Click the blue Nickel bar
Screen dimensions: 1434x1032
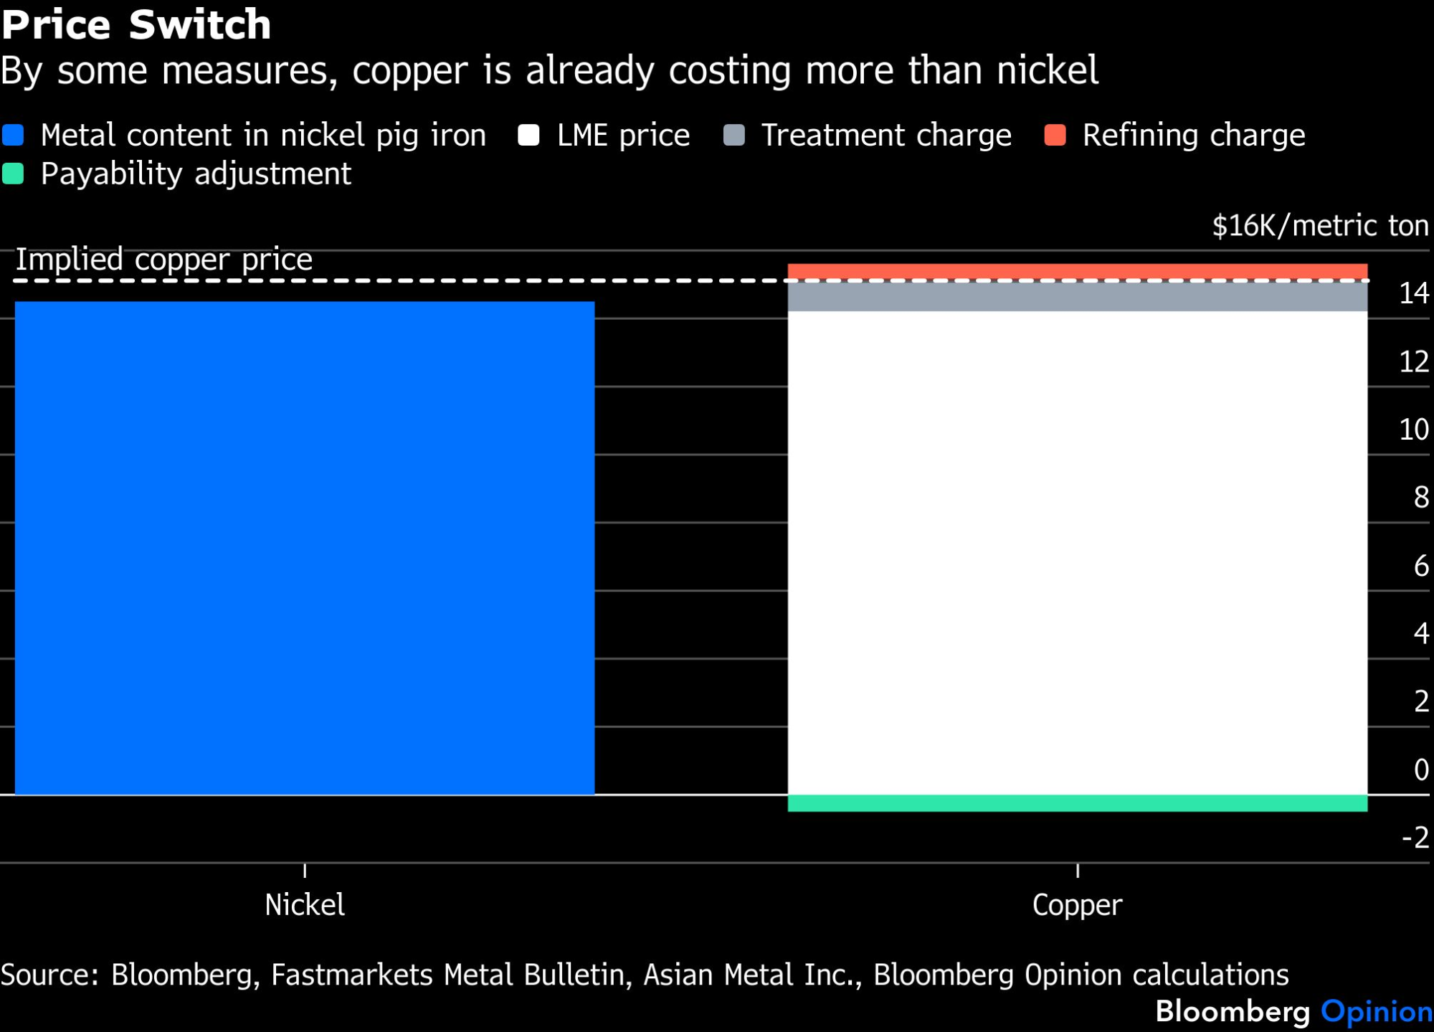[305, 548]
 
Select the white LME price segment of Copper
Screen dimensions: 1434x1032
[1078, 553]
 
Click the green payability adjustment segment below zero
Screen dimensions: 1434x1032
[1078, 803]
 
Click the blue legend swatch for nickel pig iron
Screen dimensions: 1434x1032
[13, 135]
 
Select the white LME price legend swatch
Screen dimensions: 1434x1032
[528, 135]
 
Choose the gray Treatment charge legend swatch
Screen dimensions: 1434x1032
[734, 135]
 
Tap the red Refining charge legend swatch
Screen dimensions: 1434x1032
[1055, 135]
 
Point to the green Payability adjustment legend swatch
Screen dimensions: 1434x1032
[13, 174]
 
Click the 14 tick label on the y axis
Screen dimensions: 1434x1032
[1414, 293]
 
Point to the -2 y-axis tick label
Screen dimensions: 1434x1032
[1415, 838]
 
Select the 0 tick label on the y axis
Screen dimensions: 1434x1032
[1421, 770]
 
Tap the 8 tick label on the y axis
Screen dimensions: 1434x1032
[1421, 497]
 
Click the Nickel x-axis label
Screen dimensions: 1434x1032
[305, 905]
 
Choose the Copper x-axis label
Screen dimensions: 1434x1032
[1077, 906]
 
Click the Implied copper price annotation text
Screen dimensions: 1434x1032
[164, 260]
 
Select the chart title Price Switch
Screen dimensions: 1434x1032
[136, 24]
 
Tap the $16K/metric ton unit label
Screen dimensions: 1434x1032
[1321, 226]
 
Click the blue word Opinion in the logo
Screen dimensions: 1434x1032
[1377, 1011]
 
